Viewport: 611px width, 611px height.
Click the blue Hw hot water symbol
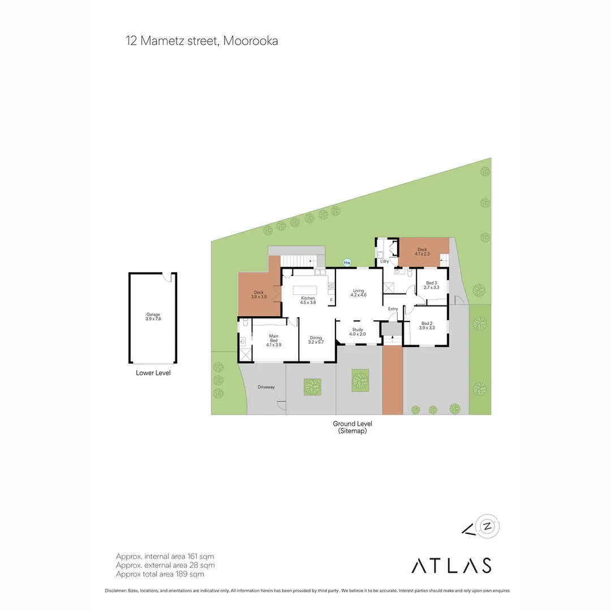pyautogui.click(x=347, y=263)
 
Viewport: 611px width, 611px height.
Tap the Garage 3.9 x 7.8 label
pyautogui.click(x=153, y=317)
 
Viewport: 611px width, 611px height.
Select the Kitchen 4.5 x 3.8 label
pyautogui.click(x=308, y=300)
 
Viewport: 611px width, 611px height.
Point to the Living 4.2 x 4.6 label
pyautogui.click(x=359, y=292)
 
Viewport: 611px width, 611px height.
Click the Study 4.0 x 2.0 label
pyautogui.click(x=358, y=332)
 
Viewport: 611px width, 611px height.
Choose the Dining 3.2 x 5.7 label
pyautogui.click(x=315, y=340)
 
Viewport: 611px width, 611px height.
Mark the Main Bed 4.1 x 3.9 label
pyautogui.click(x=273, y=340)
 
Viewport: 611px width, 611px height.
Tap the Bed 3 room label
pyautogui.click(x=432, y=285)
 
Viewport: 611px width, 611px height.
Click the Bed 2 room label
pyautogui.click(x=427, y=325)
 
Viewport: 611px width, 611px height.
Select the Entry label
pyautogui.click(x=393, y=309)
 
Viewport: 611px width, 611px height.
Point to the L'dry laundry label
pyautogui.click(x=385, y=261)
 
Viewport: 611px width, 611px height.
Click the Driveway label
pyautogui.click(x=266, y=387)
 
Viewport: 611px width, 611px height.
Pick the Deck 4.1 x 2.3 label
pyautogui.click(x=423, y=252)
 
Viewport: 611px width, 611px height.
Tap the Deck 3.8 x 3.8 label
pyautogui.click(x=259, y=294)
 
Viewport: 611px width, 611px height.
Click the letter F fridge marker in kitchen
pyautogui.click(x=331, y=300)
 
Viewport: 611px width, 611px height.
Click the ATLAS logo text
pyautogui.click(x=451, y=565)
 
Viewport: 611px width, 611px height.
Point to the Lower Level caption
pyautogui.click(x=153, y=373)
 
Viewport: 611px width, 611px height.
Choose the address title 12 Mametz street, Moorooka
pyautogui.click(x=202, y=41)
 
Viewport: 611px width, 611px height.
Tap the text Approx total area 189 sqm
pyautogui.click(x=160, y=574)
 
